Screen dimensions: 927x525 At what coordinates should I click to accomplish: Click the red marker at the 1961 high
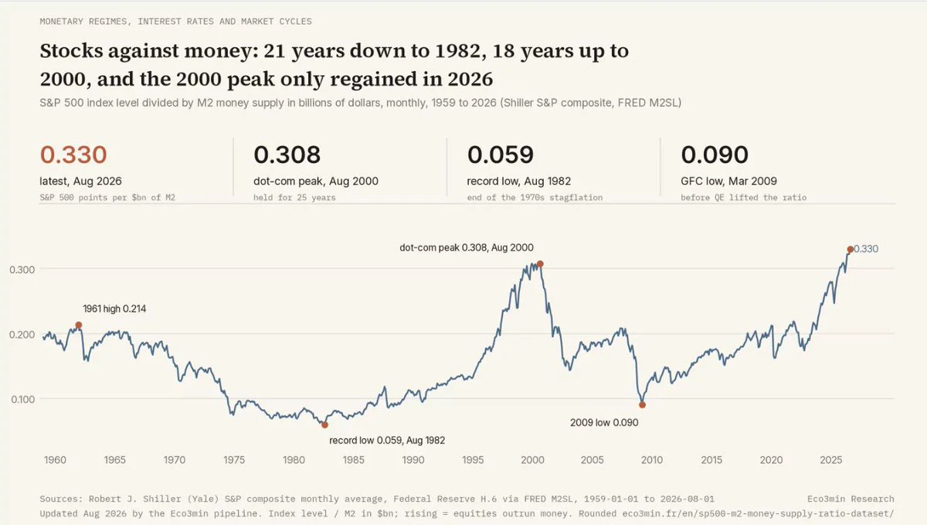click(x=79, y=326)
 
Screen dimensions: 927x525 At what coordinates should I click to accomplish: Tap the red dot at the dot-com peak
click(x=540, y=264)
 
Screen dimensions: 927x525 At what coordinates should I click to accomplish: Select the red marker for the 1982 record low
click(x=325, y=424)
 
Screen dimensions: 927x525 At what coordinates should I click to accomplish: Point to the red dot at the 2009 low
click(x=642, y=405)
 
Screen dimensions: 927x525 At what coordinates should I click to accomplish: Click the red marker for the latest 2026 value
click(x=850, y=250)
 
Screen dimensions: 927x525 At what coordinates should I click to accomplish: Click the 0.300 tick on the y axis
click(x=22, y=270)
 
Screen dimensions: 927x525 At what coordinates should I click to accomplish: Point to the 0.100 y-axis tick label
click(x=22, y=400)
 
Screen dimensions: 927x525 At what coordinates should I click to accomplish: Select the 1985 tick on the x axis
click(x=354, y=460)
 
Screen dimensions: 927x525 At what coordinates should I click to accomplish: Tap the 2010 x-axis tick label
click(x=652, y=460)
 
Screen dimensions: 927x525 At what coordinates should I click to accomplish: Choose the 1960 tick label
click(x=55, y=460)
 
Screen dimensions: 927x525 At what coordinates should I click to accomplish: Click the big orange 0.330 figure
click(x=73, y=155)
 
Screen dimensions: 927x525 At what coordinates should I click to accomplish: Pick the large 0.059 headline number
click(x=501, y=155)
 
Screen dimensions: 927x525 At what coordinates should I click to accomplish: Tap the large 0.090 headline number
click(x=715, y=155)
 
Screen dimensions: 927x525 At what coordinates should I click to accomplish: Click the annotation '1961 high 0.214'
click(x=114, y=309)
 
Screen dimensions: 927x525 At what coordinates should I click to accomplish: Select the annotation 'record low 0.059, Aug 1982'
click(x=387, y=440)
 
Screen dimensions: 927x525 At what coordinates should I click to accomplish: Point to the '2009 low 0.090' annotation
click(x=604, y=423)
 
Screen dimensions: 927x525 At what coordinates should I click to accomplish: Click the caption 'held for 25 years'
click(x=294, y=198)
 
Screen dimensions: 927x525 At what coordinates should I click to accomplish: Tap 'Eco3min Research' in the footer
click(x=851, y=499)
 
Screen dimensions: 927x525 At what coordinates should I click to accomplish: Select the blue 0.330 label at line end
click(x=866, y=249)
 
